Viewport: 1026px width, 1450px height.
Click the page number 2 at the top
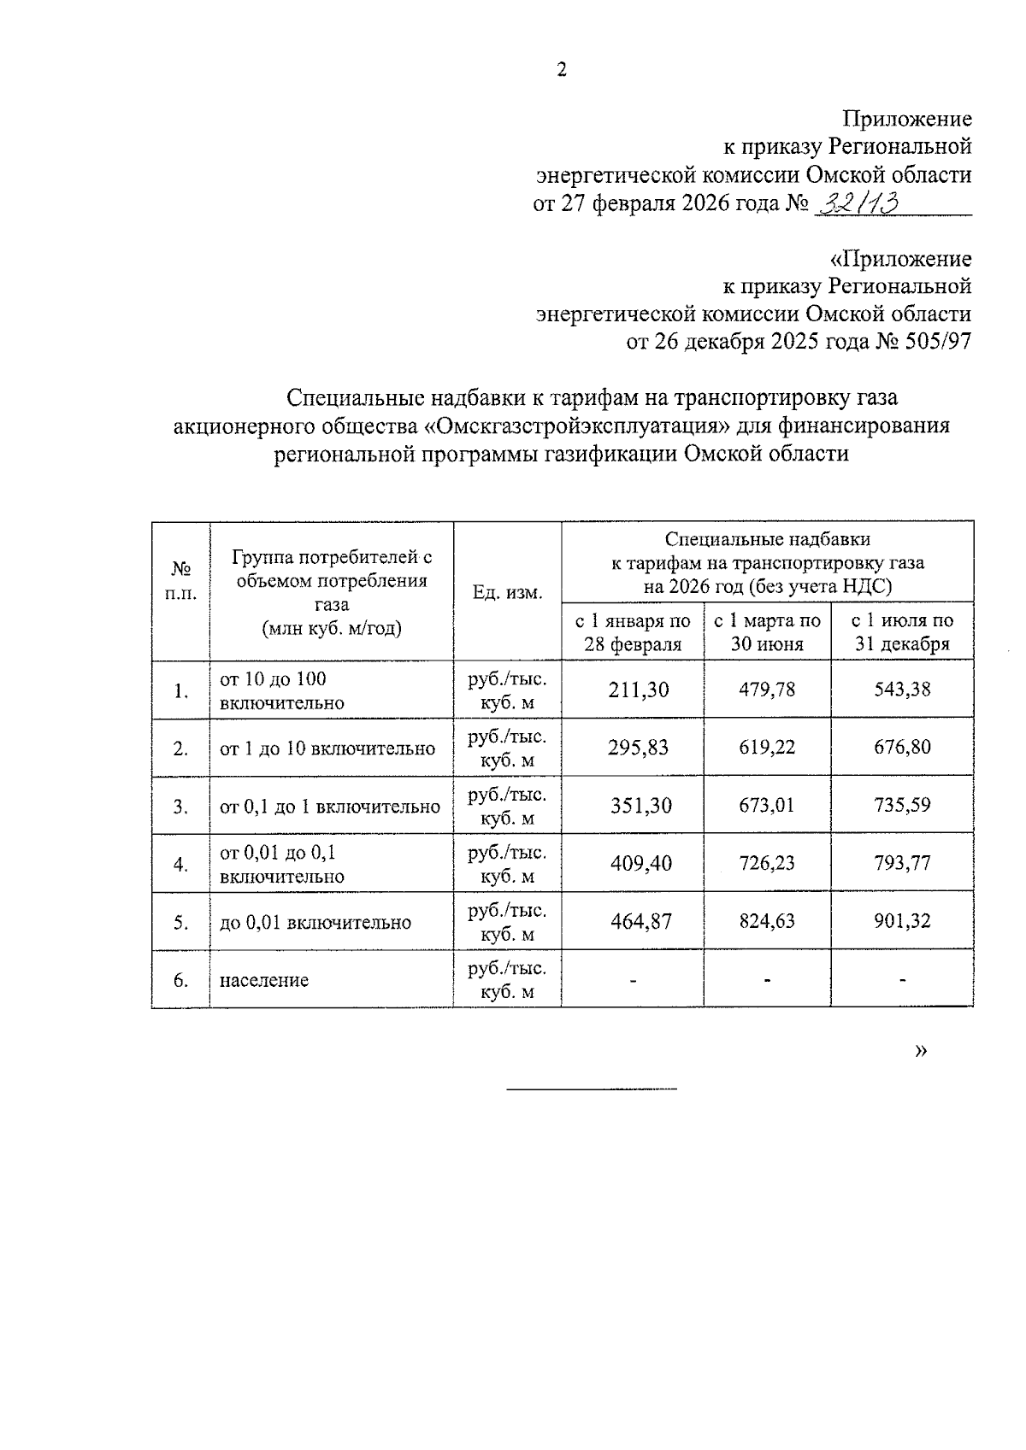point(562,71)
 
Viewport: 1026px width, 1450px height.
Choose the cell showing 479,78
point(767,690)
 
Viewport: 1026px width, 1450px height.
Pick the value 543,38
point(903,690)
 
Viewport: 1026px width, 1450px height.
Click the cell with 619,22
point(767,748)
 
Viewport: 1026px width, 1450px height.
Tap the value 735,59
point(903,805)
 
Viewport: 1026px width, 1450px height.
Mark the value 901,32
point(903,921)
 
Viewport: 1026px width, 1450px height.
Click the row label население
point(264,980)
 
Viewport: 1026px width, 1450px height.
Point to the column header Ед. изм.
point(507,592)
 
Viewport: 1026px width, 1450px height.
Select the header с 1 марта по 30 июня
point(767,631)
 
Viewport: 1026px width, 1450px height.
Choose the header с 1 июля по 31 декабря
point(903,631)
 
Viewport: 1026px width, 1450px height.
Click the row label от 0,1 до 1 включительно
point(330,807)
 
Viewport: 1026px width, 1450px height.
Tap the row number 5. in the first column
point(180,922)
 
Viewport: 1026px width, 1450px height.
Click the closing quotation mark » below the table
point(921,1050)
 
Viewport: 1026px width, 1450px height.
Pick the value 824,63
point(767,921)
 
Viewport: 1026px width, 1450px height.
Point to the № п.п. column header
point(180,581)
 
